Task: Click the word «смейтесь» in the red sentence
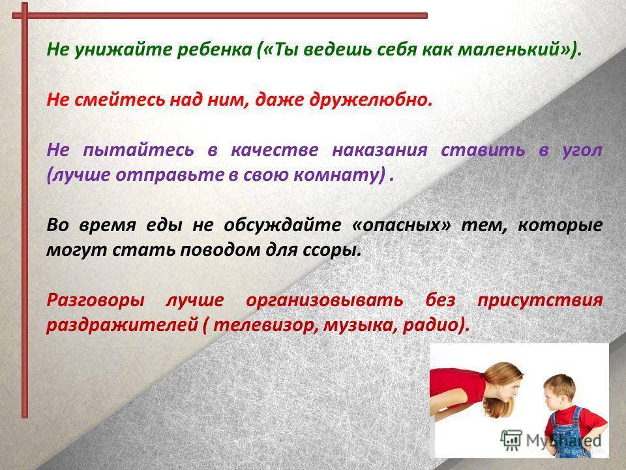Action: point(119,99)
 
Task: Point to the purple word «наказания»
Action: point(380,150)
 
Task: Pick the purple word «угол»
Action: point(582,151)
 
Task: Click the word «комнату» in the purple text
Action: point(335,175)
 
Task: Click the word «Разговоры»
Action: point(95,300)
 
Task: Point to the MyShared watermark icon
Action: point(511,440)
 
